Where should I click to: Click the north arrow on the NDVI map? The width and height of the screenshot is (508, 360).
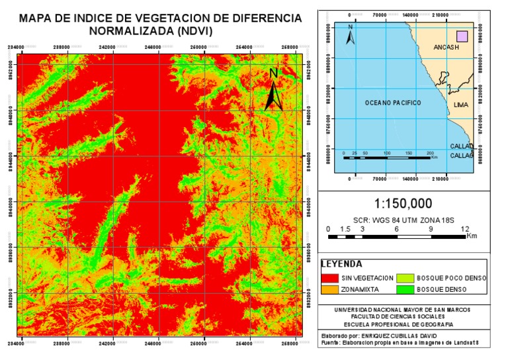(275, 93)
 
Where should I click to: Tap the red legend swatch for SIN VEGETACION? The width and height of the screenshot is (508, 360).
(329, 277)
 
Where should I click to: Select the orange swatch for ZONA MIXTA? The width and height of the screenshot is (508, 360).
(329, 289)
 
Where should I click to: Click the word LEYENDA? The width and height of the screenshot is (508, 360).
(341, 263)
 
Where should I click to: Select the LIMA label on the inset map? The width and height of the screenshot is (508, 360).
(461, 105)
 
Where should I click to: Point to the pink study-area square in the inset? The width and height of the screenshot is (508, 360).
(462, 36)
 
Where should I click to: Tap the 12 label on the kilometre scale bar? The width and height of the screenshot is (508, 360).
(465, 229)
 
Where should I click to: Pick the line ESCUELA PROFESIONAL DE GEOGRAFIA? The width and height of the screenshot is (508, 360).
(403, 324)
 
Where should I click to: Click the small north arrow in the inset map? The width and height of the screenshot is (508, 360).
(351, 35)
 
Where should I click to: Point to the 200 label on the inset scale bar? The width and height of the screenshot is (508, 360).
(431, 153)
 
